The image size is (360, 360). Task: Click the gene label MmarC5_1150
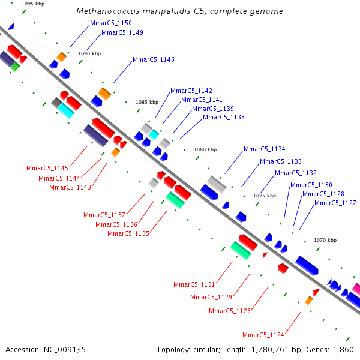coord(110,23)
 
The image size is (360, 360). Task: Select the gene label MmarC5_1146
coord(154,59)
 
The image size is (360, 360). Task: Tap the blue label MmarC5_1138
coord(224,117)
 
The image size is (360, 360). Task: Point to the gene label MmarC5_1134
coord(264,149)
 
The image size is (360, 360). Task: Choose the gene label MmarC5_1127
coord(335,203)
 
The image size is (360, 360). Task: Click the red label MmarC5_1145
coord(47,168)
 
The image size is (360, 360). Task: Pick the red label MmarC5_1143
coord(70,187)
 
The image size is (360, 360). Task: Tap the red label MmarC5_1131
coord(194,284)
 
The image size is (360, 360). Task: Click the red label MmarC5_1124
coord(263,335)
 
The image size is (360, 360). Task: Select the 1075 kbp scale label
coord(265,196)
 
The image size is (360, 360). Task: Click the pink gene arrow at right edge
coord(356,289)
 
